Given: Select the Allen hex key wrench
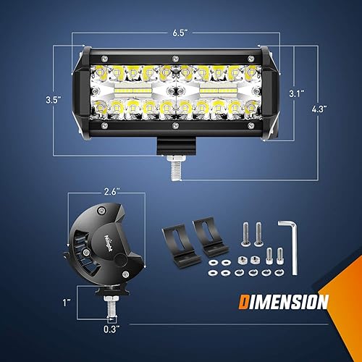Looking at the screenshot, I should pyautogui.click(x=292, y=243).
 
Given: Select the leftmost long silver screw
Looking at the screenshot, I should pyautogui.click(x=244, y=232).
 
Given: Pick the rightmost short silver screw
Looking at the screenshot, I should pyautogui.click(x=277, y=256).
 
